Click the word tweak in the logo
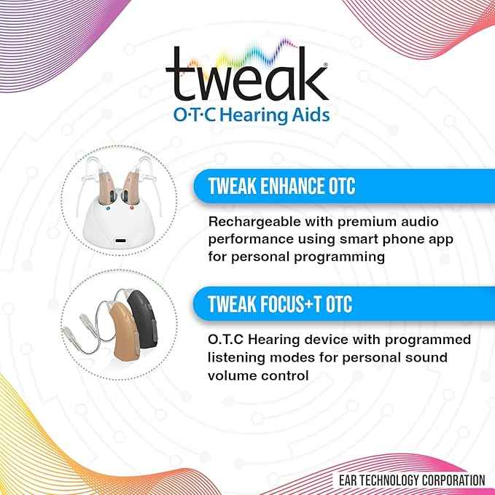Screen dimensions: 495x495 [x=247, y=75]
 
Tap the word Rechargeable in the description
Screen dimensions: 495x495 [x=250, y=221]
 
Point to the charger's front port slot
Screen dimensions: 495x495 [x=119, y=238]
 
